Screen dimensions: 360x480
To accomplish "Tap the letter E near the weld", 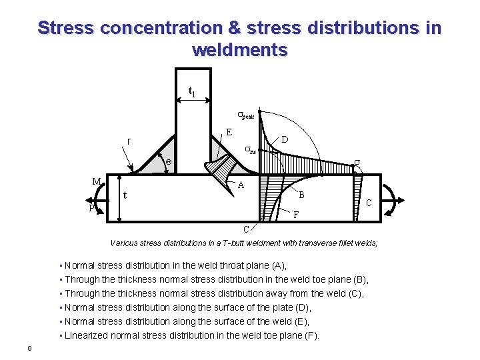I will [229, 132].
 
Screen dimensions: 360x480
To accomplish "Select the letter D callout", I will [285, 140].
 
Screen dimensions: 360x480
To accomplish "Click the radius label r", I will [129, 141].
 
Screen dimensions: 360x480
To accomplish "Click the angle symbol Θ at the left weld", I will [169, 162].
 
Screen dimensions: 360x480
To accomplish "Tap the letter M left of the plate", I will [97, 181].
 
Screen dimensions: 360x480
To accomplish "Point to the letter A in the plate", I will [241, 186].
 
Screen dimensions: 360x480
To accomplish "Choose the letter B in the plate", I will [301, 195].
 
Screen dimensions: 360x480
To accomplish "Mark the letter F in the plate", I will [297, 215].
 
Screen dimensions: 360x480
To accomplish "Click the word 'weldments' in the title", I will [239, 50].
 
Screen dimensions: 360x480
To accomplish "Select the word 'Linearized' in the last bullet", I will [87, 335].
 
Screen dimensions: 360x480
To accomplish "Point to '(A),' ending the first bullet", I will [276, 265].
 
